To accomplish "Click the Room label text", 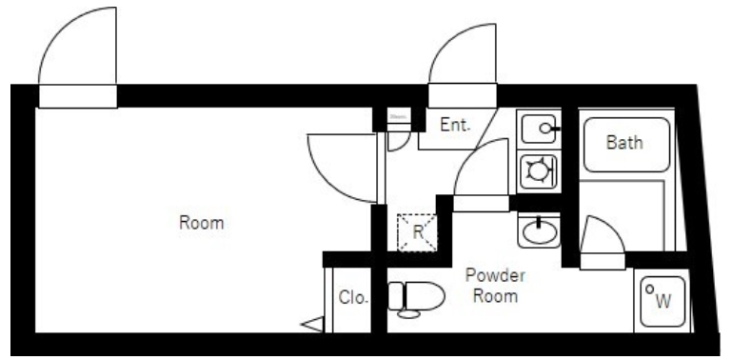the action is pos(201,223).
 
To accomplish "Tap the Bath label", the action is pos(624,142).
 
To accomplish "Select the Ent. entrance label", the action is pos(455,125).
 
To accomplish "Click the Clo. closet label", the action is pos(353,297).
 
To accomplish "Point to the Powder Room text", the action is pos(495,286).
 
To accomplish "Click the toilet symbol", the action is pos(415,299).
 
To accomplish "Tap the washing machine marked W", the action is pos(663,302).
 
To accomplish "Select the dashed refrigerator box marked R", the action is pos(417,232).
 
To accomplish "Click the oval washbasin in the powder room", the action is pos(539,231).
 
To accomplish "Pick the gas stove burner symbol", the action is pos(539,170).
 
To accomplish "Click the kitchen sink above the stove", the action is pos(539,128).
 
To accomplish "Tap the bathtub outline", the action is pos(627,145).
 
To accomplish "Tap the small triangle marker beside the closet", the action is pos(312,324).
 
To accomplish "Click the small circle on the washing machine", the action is pos(649,290).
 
